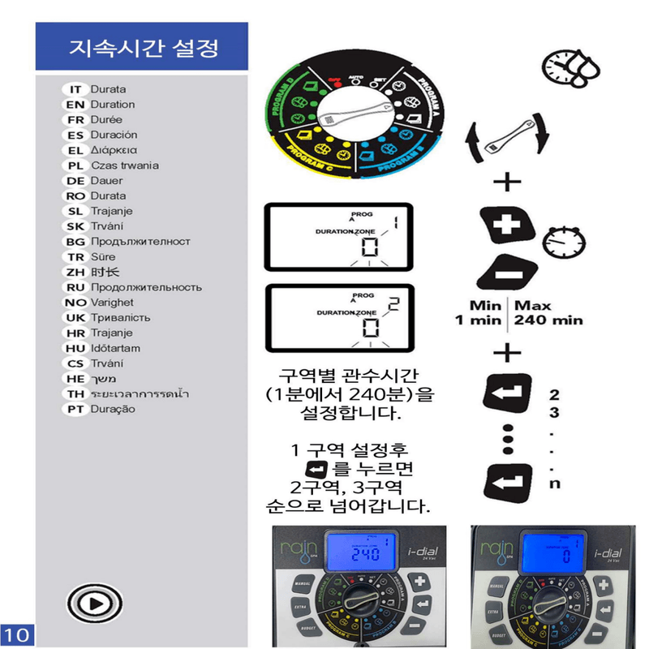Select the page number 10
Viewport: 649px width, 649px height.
click(x=17, y=633)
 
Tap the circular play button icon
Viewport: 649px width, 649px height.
click(x=95, y=603)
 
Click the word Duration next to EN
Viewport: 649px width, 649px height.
click(x=113, y=105)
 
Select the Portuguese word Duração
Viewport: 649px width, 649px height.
click(x=113, y=409)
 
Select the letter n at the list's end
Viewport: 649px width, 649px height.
click(x=555, y=484)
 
